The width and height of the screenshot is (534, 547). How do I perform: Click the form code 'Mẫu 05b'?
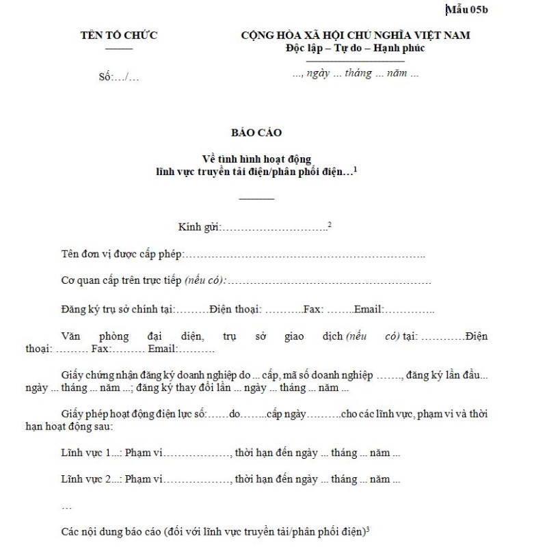pyautogui.click(x=468, y=9)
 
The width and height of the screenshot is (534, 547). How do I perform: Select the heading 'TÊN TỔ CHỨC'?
pyautogui.click(x=119, y=36)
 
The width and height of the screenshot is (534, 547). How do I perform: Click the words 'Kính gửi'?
pyautogui.click(x=199, y=227)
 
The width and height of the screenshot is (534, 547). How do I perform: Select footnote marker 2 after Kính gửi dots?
pyautogui.click(x=330, y=224)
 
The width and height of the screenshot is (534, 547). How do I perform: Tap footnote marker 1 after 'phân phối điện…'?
pyautogui.click(x=356, y=169)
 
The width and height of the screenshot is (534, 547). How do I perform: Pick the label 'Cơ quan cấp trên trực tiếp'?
pyautogui.click(x=120, y=281)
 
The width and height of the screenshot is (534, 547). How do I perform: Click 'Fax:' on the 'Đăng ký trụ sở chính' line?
pyautogui.click(x=313, y=309)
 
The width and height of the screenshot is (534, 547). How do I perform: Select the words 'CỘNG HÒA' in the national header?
pyautogui.click(x=269, y=36)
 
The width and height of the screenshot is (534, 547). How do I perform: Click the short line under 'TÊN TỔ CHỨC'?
pyautogui.click(x=119, y=48)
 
